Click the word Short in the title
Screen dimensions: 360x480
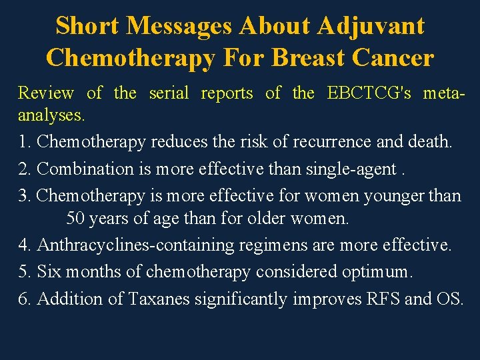87,26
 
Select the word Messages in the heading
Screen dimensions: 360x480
179,26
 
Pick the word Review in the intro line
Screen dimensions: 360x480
46,93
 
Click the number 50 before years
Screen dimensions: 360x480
75,218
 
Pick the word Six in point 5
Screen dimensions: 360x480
49,272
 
